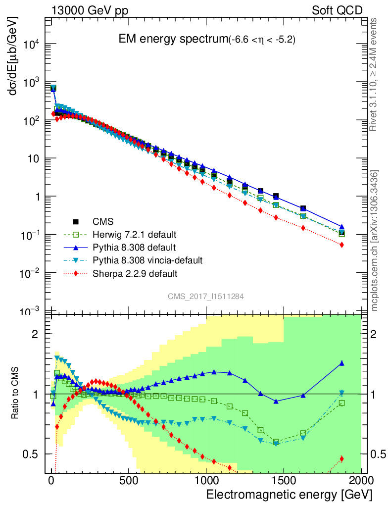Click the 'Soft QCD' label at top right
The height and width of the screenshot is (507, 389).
click(337, 10)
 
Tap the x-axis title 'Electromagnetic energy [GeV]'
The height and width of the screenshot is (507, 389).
click(289, 495)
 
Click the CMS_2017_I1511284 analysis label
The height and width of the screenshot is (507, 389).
click(205, 296)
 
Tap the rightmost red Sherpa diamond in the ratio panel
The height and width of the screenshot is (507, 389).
click(341, 458)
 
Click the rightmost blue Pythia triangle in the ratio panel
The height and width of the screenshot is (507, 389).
click(341, 363)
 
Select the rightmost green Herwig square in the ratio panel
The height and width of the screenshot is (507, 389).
click(341, 403)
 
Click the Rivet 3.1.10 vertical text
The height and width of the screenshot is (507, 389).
click(374, 74)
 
